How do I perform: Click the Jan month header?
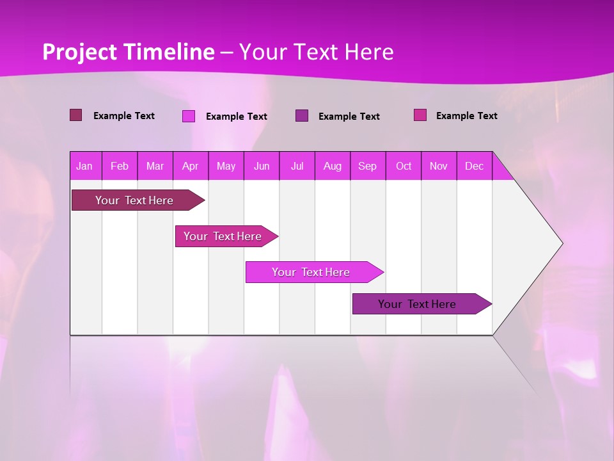(x=85, y=166)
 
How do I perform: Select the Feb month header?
(x=120, y=166)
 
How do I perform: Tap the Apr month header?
(x=191, y=166)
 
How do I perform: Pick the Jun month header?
(x=262, y=166)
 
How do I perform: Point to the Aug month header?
(x=333, y=166)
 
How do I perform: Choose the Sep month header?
(x=368, y=166)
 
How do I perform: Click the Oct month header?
(x=404, y=166)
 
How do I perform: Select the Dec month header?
(x=475, y=166)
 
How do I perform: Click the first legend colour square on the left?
(x=76, y=115)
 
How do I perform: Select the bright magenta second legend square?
(x=189, y=116)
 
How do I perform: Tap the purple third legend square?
(x=302, y=116)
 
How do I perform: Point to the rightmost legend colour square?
(x=420, y=115)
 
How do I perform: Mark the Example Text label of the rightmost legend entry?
(x=466, y=116)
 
